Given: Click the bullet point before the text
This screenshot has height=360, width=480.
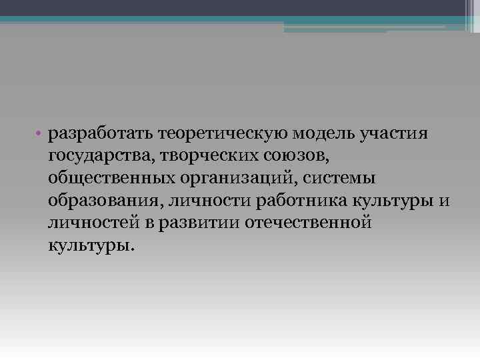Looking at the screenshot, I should point(40,134).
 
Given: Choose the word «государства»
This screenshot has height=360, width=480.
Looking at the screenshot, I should point(96,156).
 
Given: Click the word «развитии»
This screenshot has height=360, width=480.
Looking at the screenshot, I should point(201,222).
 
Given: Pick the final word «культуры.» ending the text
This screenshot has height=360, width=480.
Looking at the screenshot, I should point(91,245).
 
